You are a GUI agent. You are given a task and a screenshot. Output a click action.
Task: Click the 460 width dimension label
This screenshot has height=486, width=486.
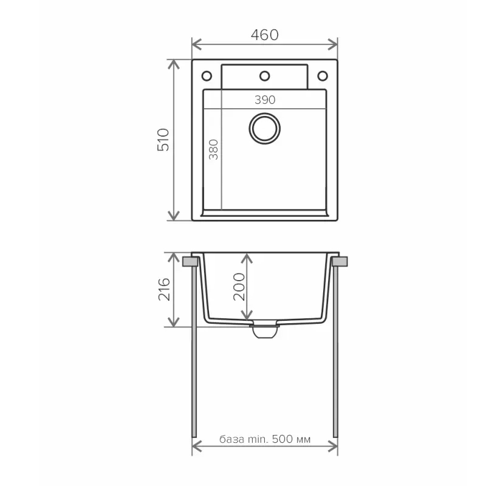(265, 35)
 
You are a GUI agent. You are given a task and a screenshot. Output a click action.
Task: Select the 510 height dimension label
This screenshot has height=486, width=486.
(163, 140)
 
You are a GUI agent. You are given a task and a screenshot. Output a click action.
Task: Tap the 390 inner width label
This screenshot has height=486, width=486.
(265, 100)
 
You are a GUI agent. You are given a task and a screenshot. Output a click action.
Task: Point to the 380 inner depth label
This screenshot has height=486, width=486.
(213, 149)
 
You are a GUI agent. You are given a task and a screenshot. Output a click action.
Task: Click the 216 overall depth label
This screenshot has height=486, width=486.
(164, 290)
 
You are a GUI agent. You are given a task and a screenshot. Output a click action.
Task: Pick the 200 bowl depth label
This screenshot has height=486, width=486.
(239, 287)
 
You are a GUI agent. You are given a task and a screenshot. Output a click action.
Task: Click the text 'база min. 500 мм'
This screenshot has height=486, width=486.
(265, 439)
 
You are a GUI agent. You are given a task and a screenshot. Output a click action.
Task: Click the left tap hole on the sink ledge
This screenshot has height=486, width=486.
(207, 76)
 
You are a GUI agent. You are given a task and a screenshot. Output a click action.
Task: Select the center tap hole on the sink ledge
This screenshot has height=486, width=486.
(265, 76)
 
